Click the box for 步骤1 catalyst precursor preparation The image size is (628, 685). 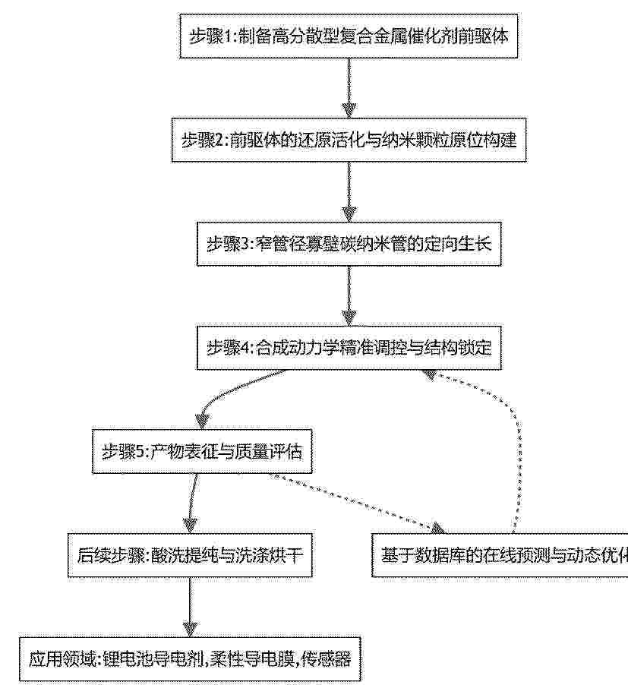pos(349,36)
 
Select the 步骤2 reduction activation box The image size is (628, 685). pos(349,140)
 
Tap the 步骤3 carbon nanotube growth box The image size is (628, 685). pos(349,244)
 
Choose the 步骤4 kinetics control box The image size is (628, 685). pos(349,348)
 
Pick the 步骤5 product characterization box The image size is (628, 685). pos(202,451)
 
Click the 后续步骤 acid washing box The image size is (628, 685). pos(190,555)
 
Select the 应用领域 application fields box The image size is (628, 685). pos(190,659)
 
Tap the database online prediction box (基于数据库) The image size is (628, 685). pos(500,555)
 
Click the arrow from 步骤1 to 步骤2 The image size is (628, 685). pos(349,88)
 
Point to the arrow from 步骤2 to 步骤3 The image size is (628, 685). pos(349,192)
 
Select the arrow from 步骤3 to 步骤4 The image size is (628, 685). pos(349,295)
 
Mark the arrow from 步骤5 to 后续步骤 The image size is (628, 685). pos(193,503)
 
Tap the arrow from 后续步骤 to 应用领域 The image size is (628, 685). pos(190,608)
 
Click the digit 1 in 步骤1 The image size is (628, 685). pos(230,36)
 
